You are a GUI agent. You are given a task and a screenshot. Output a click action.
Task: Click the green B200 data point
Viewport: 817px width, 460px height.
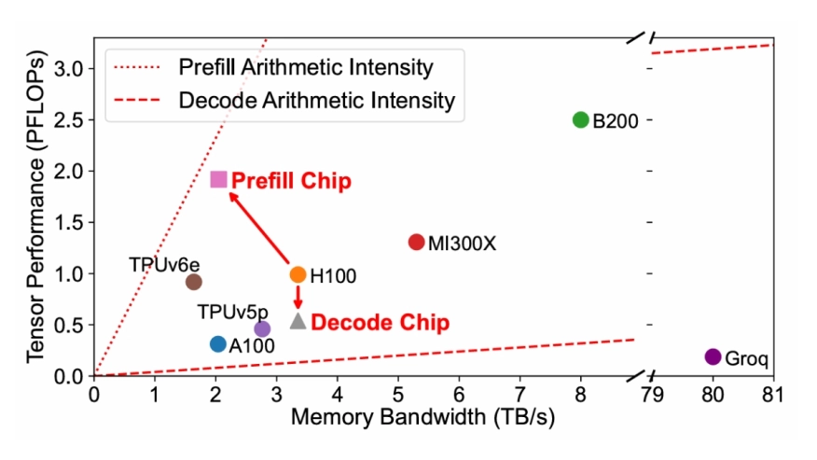(580, 120)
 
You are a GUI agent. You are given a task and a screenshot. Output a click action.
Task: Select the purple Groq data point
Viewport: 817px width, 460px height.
(713, 356)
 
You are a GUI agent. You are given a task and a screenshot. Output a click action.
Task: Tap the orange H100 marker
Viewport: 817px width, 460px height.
(298, 274)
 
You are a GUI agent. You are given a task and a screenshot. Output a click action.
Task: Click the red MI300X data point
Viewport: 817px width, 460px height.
(417, 242)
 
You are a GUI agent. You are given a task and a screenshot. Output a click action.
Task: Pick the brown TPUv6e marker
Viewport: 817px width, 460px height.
(194, 282)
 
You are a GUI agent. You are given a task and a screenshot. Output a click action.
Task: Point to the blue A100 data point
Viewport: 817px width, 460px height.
(218, 344)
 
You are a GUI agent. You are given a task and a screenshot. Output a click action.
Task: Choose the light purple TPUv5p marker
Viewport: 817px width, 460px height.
(262, 328)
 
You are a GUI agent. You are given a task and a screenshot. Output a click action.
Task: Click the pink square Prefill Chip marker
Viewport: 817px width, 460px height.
(219, 179)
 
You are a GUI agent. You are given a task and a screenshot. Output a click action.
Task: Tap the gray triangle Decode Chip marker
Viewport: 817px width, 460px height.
(298, 321)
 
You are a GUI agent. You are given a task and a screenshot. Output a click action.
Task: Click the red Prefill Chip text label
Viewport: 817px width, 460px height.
(291, 180)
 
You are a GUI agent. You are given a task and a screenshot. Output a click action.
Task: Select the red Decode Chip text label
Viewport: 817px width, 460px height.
(380, 323)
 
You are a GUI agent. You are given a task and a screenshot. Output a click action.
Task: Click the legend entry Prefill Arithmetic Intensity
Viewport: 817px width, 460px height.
(304, 67)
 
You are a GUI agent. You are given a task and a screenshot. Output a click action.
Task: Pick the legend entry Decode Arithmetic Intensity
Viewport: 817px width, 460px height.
(315, 100)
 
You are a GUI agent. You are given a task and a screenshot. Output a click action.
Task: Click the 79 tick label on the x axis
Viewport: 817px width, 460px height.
(652, 394)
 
